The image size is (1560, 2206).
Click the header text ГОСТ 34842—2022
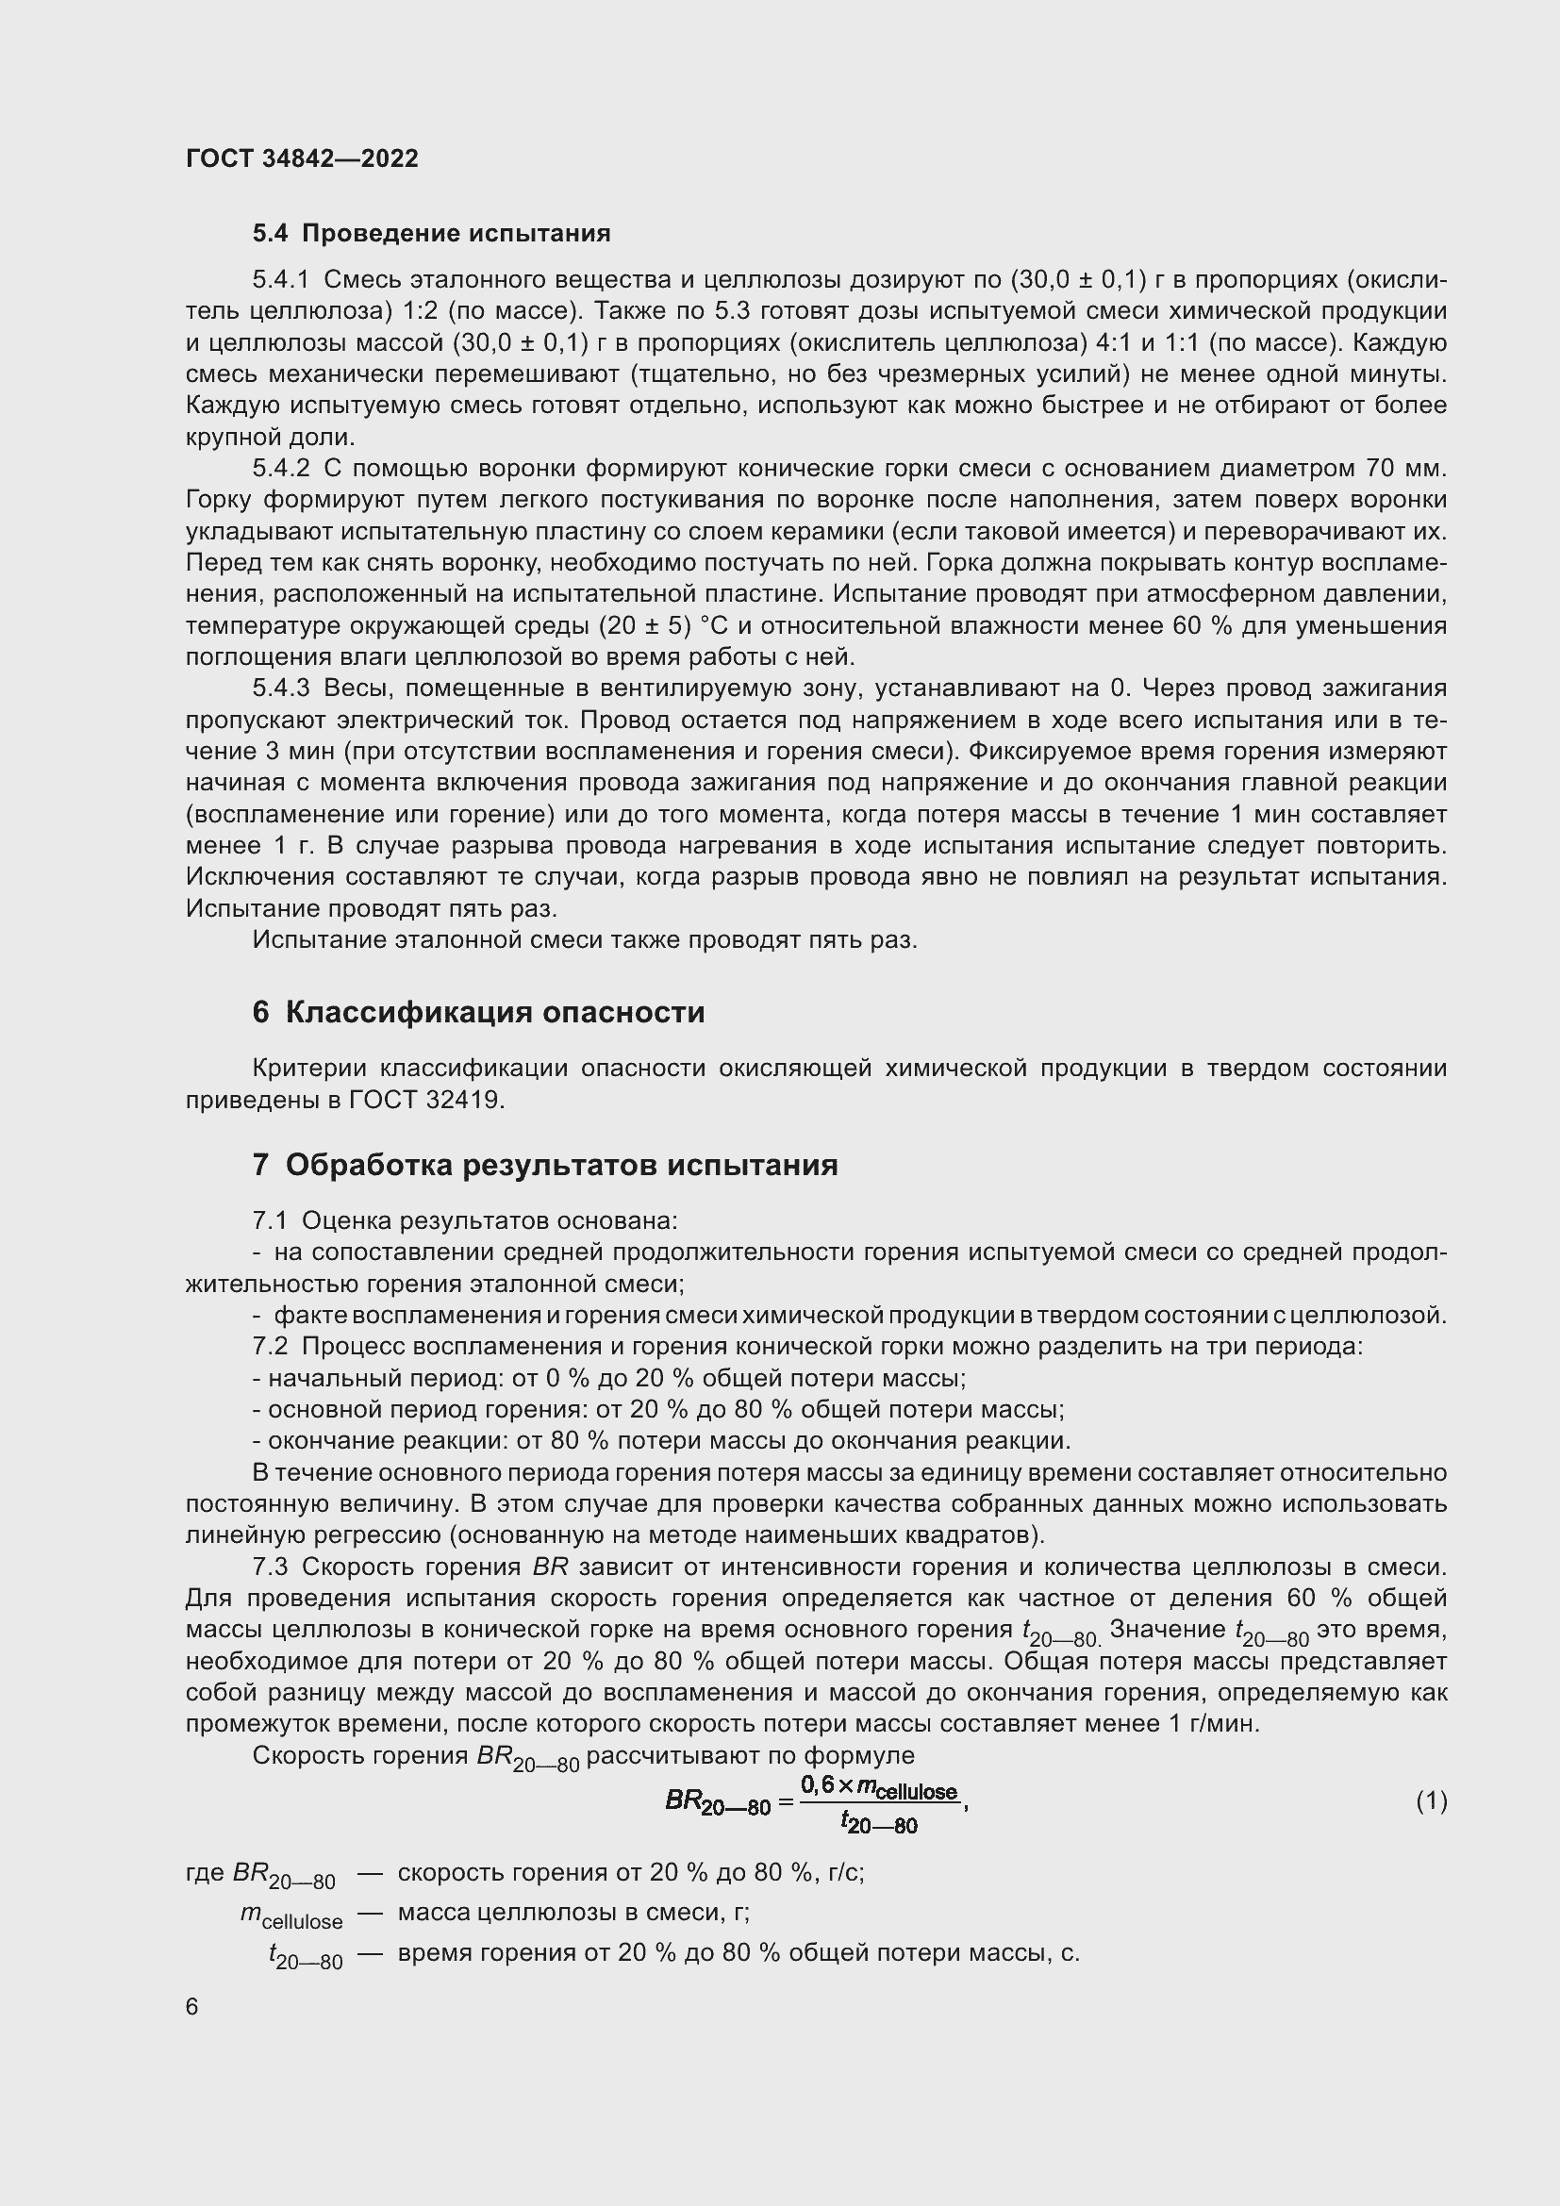coord(302,158)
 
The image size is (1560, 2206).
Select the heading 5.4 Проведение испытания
coord(431,234)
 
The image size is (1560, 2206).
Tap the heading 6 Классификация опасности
coord(478,1013)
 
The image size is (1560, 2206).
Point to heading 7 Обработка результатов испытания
coord(544,1166)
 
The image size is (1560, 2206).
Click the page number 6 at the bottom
coord(192,2007)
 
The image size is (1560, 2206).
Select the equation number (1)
coord(1431,1800)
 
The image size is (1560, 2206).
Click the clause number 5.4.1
coord(280,280)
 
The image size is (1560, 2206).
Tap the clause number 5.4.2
coord(280,469)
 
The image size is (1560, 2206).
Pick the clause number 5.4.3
coord(280,688)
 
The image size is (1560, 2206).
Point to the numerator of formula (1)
coord(879,1786)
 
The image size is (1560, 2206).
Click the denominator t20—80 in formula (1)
coord(879,1820)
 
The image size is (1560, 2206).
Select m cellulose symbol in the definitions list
coord(291,1915)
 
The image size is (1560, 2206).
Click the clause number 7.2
coord(270,1347)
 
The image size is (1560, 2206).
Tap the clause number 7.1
coord(270,1221)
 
